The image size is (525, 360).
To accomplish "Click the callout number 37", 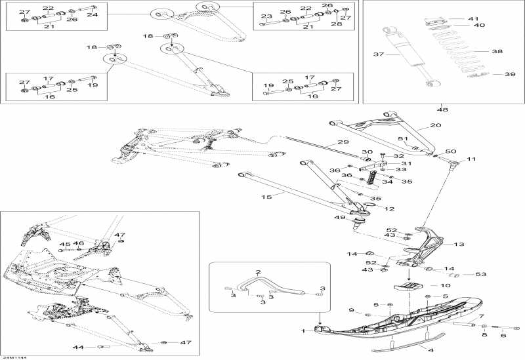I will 377,54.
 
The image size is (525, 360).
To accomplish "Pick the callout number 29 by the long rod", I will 343,142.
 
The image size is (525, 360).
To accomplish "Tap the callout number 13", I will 459,244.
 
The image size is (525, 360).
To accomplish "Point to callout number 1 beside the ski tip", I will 303,331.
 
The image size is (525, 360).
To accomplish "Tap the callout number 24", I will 93,14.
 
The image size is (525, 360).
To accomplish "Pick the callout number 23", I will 266,16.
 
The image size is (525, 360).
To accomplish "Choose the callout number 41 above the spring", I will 474,18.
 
